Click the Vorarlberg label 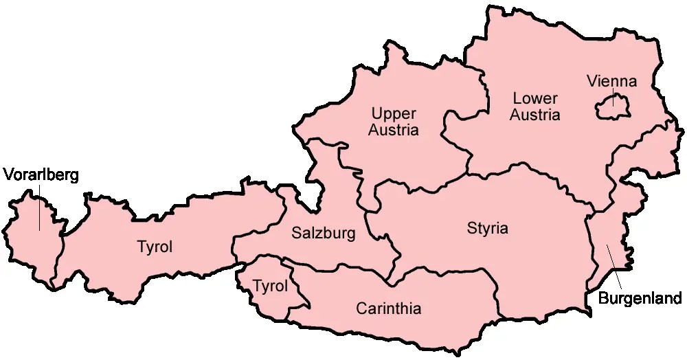[x=41, y=175]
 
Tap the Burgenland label [x=640, y=298]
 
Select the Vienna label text [x=611, y=82]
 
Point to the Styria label [x=488, y=228]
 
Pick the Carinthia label [x=388, y=308]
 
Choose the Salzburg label [x=324, y=234]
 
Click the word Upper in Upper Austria [x=394, y=113]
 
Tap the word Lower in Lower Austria [x=534, y=99]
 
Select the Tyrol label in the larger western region [x=155, y=247]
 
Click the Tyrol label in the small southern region [x=270, y=286]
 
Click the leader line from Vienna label [x=612, y=97]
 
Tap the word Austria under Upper [x=394, y=130]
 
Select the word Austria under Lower [x=534, y=115]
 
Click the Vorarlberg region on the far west [x=27, y=234]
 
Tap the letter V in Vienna [x=592, y=82]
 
